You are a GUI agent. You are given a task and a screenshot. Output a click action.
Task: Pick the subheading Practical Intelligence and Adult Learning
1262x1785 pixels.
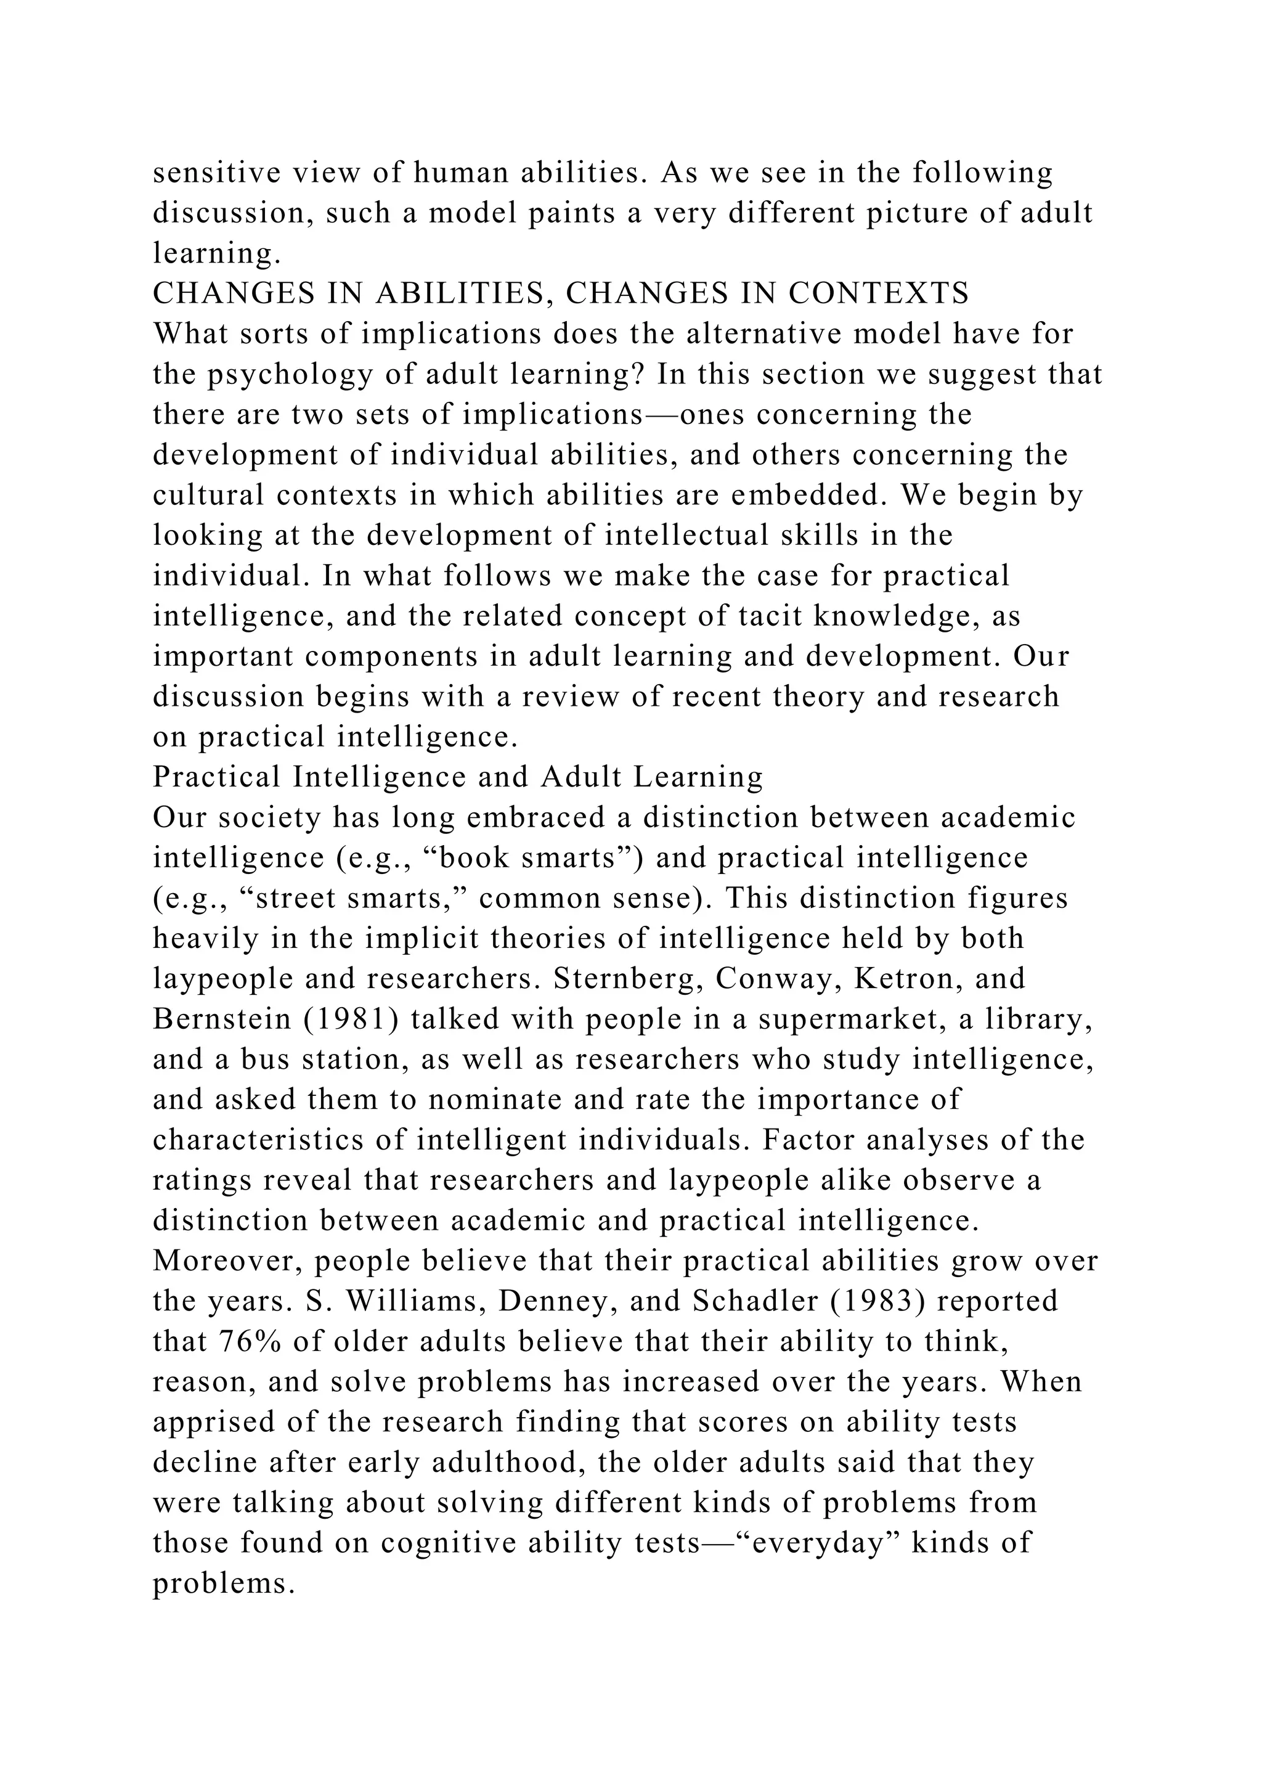[458, 777]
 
